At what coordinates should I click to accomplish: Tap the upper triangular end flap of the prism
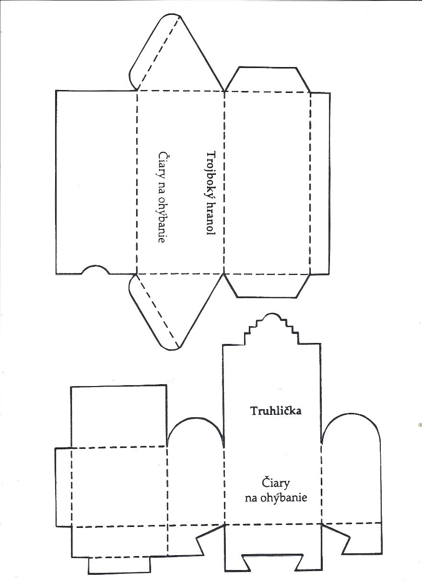(177, 53)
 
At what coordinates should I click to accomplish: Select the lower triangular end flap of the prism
(177, 311)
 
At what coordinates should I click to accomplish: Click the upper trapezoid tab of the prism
(268, 79)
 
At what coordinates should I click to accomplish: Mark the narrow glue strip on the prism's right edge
(320, 183)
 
